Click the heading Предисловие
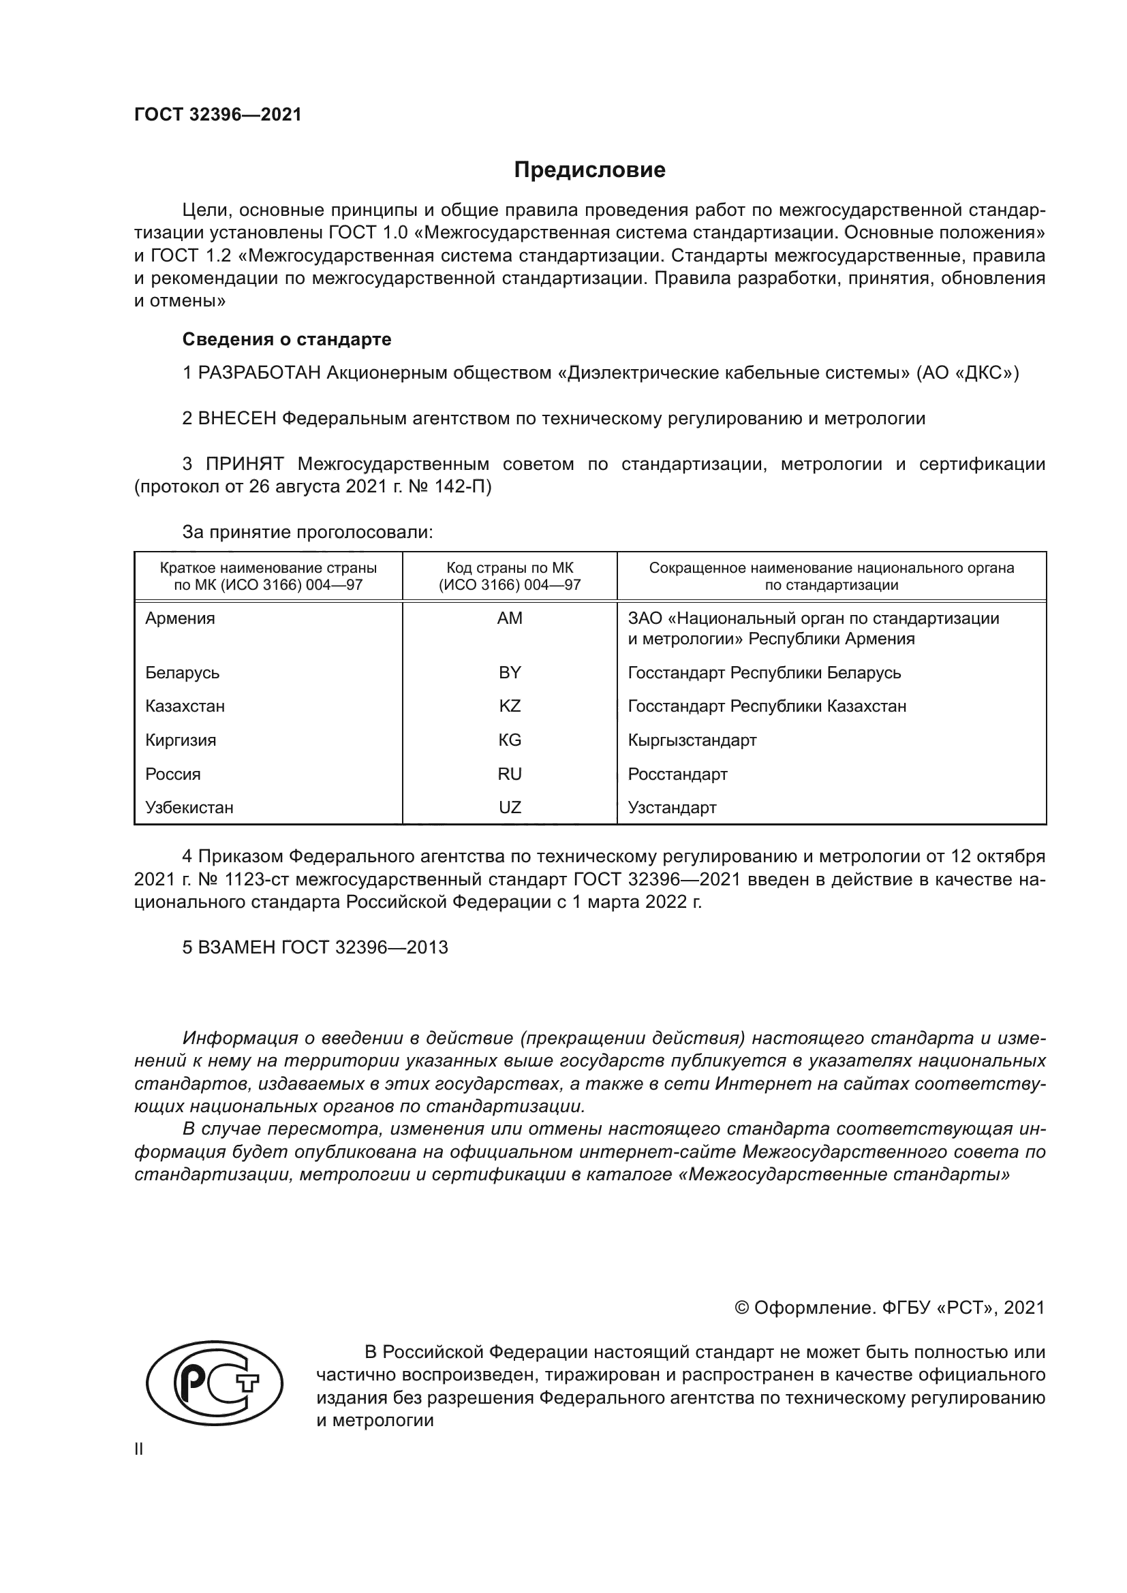(x=589, y=170)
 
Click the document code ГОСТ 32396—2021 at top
(x=218, y=115)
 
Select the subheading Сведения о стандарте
(x=287, y=339)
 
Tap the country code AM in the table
(x=510, y=618)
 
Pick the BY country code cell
(x=510, y=672)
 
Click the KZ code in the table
(x=510, y=706)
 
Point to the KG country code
(x=510, y=740)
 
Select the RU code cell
(x=510, y=774)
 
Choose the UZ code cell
(x=510, y=808)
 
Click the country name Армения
(x=180, y=618)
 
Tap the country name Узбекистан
(x=189, y=808)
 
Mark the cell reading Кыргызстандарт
(x=692, y=740)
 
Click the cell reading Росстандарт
(x=677, y=774)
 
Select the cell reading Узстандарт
(x=672, y=808)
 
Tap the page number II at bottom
(x=138, y=1449)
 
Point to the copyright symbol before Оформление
(x=741, y=1308)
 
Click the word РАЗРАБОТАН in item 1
(x=260, y=373)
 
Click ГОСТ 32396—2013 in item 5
(x=365, y=948)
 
